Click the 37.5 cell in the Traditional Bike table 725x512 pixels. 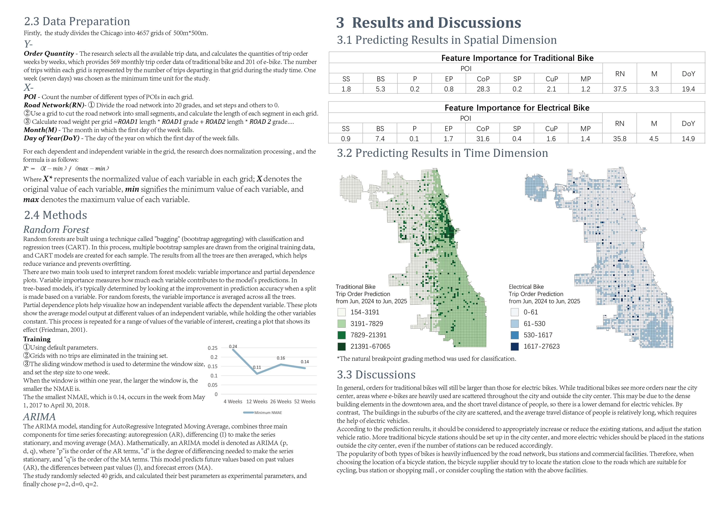click(x=620, y=89)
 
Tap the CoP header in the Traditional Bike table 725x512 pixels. click(x=483, y=79)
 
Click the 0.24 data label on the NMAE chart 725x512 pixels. click(x=233, y=346)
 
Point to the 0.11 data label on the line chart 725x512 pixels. click(x=257, y=367)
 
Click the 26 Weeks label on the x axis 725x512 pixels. click(x=281, y=402)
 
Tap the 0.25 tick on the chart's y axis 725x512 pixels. click(x=213, y=348)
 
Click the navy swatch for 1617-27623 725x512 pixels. click(x=515, y=346)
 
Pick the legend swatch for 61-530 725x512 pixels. click(x=515, y=324)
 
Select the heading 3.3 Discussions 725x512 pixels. click(x=376, y=375)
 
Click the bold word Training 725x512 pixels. click(x=37, y=339)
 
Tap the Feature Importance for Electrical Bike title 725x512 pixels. click(x=517, y=108)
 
